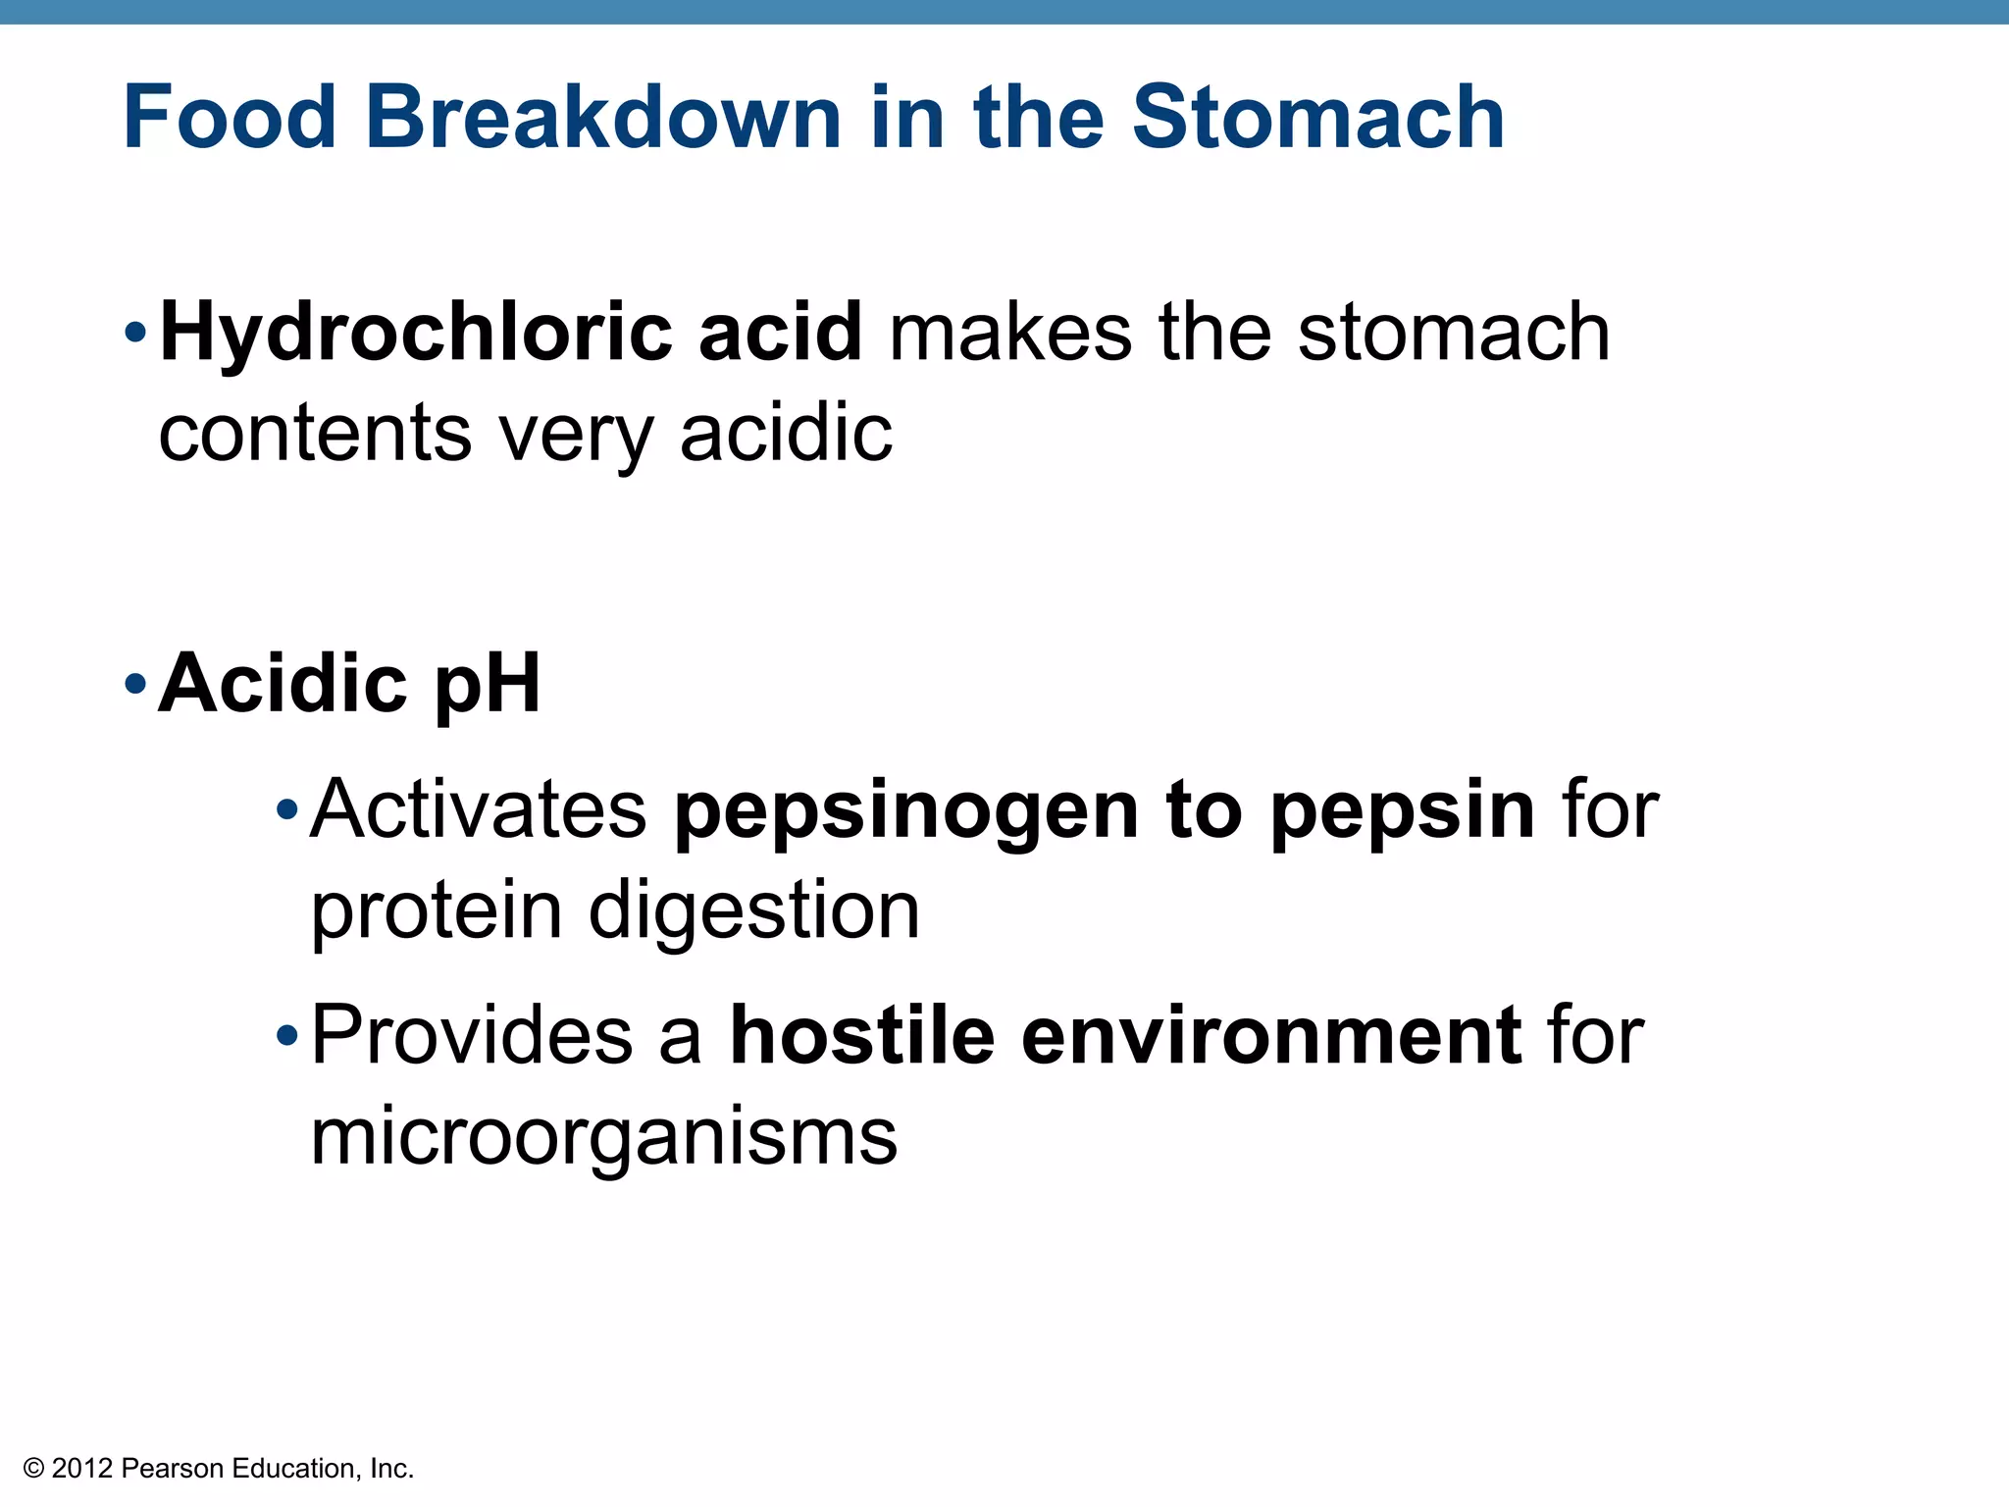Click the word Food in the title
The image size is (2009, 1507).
(230, 118)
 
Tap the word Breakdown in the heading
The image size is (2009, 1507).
(602, 118)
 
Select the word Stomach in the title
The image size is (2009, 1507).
(1317, 118)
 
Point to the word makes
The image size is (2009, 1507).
(1010, 334)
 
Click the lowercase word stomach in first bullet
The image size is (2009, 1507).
(1453, 334)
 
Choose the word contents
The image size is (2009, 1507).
(315, 434)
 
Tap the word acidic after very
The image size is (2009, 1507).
(786, 434)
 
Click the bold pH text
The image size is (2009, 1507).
(488, 684)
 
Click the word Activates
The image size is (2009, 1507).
(479, 810)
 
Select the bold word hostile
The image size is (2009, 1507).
(861, 1036)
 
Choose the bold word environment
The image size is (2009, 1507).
(1271, 1036)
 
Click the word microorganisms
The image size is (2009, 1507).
(603, 1138)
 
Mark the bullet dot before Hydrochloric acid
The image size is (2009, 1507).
(135, 334)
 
